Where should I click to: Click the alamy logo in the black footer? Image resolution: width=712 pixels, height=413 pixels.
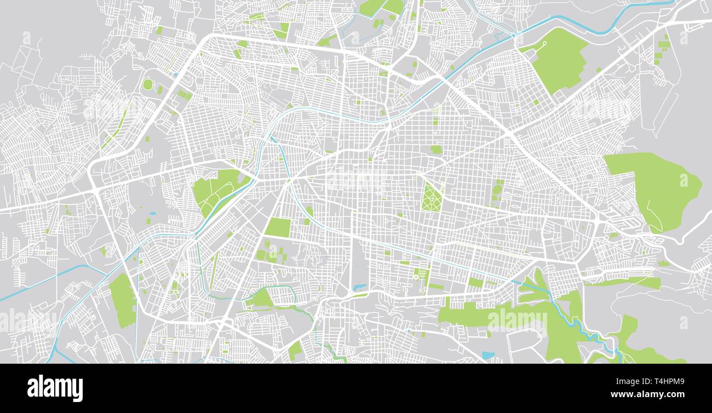click(55, 388)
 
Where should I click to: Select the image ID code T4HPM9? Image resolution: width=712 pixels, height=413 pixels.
click(667, 382)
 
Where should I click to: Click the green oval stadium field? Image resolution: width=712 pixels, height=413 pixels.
click(147, 84)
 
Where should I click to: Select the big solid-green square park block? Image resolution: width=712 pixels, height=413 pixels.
click(278, 227)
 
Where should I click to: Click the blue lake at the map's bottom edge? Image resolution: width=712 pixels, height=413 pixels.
click(487, 355)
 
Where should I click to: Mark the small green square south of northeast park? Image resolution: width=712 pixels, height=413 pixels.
click(536, 102)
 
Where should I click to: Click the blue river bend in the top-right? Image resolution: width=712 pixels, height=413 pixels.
click(613, 22)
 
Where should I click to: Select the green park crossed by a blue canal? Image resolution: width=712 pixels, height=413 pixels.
click(216, 189)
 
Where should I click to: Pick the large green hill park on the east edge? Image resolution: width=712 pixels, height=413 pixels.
click(657, 189)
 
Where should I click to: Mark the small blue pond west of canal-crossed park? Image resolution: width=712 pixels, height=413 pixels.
click(152, 213)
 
